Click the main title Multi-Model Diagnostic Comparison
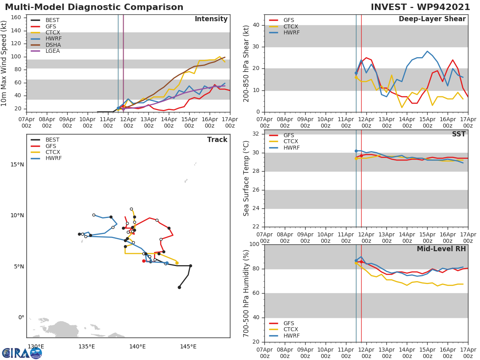click(94, 7)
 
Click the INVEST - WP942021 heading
click(420, 7)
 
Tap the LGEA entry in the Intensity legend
click(52, 51)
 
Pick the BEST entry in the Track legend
click(52, 140)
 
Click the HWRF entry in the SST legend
click(291, 148)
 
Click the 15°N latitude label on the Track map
click(17, 165)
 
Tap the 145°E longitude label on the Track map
click(188, 346)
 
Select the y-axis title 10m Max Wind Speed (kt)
click(4, 63)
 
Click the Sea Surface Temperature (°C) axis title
click(246, 178)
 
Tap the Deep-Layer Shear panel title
click(432, 19)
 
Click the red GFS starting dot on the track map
click(144, 261)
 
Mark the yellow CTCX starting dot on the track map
click(177, 263)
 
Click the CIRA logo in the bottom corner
click(22, 353)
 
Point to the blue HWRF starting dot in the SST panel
click(356, 151)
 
